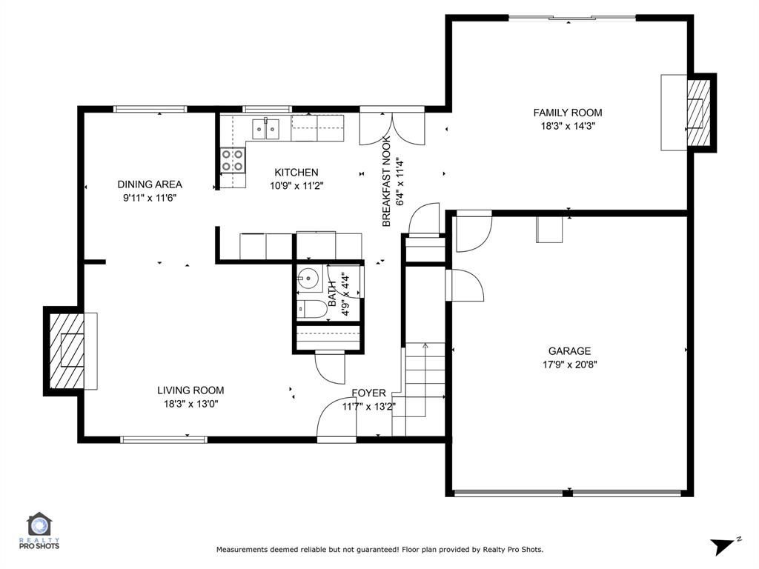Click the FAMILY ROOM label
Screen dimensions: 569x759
tap(568, 113)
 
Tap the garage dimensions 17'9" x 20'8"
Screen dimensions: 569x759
tap(569, 365)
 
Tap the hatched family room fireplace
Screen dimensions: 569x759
tap(697, 113)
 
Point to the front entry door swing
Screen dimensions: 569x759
tap(335, 422)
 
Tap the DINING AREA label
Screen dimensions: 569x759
tap(150, 184)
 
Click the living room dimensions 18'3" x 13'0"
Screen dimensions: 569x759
tap(190, 404)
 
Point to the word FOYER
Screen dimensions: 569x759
tap(368, 393)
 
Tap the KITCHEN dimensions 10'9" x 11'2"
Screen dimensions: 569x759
tap(296, 186)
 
